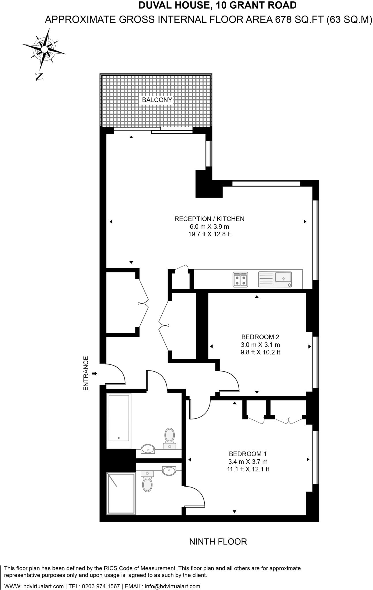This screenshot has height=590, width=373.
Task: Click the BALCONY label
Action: tap(157, 100)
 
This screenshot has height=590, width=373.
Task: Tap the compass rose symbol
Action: tap(44, 50)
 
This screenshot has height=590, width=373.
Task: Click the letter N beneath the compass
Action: tap(39, 76)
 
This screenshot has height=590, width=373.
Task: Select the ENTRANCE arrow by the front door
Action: tap(95, 374)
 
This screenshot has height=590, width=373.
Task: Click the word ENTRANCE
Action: tap(86, 373)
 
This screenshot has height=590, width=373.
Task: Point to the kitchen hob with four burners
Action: tap(240, 279)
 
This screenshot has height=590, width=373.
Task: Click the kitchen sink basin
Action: tap(283, 278)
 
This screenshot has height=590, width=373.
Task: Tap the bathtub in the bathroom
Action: tap(118, 421)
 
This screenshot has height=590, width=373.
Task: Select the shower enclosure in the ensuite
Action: tap(121, 493)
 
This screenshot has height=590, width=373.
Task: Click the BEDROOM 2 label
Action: tap(260, 337)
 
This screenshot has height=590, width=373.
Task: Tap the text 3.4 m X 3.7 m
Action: tap(248, 462)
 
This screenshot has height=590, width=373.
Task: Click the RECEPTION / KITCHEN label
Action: tap(209, 219)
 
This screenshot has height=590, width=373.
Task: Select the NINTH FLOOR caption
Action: tap(218, 542)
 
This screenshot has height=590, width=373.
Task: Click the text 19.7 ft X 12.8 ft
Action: tap(209, 234)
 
